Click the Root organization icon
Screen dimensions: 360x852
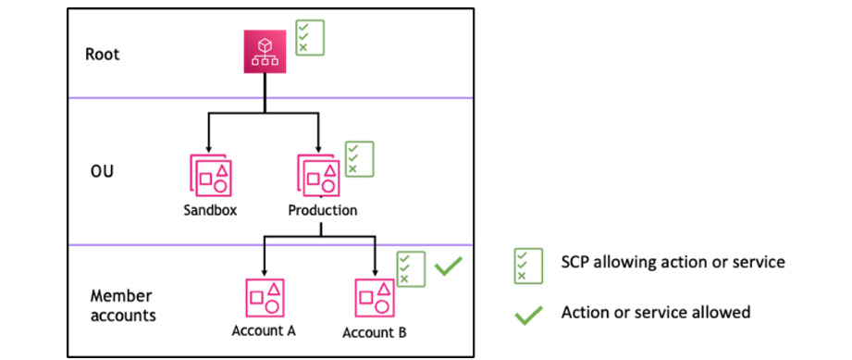(x=265, y=52)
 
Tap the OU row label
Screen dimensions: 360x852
(x=102, y=171)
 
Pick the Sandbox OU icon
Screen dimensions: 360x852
(x=210, y=176)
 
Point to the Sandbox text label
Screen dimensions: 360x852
(x=210, y=210)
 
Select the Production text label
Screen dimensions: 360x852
(x=322, y=210)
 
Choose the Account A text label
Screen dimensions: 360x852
(x=265, y=332)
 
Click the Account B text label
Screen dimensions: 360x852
(x=375, y=332)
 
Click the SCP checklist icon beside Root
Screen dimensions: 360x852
(x=309, y=37)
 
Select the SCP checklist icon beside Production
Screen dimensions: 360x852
(x=359, y=159)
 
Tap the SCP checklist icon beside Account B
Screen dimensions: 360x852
(x=410, y=268)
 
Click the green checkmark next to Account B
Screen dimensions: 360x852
(x=449, y=267)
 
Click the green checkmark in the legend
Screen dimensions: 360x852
(x=528, y=315)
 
